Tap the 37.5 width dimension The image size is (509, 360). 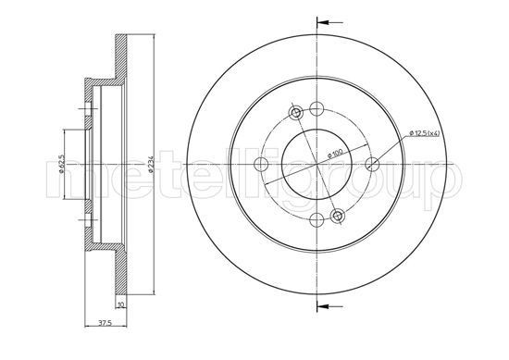[x=105, y=323]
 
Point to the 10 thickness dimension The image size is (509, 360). [x=121, y=304]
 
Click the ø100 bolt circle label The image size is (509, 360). [x=335, y=153]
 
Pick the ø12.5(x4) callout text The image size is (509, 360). [x=424, y=132]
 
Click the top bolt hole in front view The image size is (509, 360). [x=317, y=108]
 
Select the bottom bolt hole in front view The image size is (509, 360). [x=317, y=220]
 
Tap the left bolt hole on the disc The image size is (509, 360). [x=261, y=164]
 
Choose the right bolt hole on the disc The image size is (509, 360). [x=372, y=164]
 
